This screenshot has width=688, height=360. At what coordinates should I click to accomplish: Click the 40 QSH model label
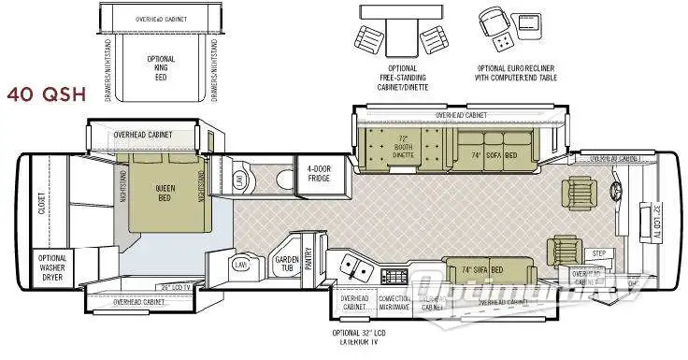point(45,95)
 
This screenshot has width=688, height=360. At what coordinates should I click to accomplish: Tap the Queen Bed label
point(165,193)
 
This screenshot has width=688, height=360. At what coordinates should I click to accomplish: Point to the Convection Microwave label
point(394,302)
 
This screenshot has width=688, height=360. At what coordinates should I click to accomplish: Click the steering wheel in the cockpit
point(617,195)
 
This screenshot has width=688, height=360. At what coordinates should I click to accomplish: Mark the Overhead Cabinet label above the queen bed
point(144,135)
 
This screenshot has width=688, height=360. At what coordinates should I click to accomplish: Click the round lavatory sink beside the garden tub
point(241,266)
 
